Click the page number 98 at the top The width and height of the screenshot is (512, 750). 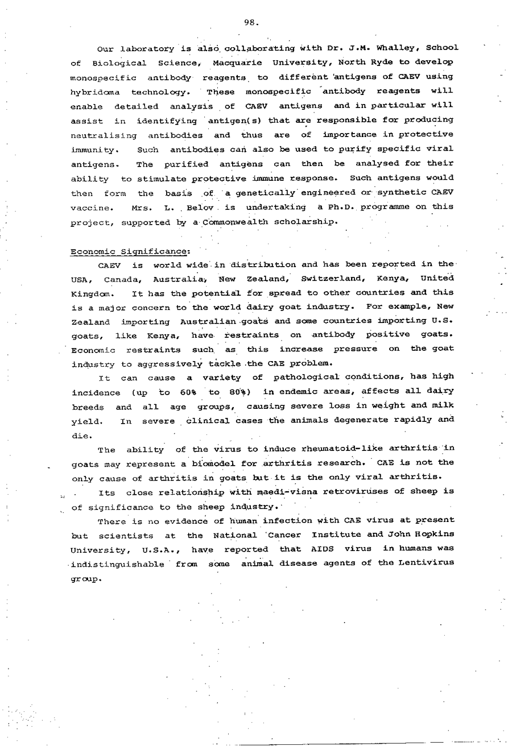[x=251, y=23]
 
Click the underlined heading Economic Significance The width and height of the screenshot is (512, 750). [x=130, y=251]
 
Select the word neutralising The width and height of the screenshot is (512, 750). [x=104, y=135]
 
